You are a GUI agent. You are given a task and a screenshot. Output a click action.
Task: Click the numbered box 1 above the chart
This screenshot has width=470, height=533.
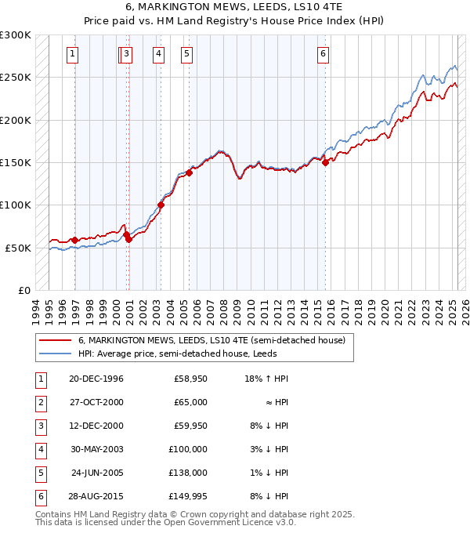[x=72, y=54]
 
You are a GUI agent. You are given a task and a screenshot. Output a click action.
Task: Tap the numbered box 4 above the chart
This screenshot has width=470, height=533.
[x=158, y=54]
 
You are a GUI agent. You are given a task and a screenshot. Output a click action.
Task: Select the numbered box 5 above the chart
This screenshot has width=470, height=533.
[x=186, y=54]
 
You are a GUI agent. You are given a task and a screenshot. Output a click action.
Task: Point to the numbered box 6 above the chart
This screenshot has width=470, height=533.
[x=323, y=54]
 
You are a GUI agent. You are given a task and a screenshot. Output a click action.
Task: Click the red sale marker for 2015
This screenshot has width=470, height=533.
[x=325, y=163]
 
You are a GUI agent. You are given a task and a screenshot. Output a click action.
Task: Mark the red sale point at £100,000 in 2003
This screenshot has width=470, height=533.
[x=161, y=205]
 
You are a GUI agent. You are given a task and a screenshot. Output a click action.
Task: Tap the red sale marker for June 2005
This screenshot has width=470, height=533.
[x=189, y=173]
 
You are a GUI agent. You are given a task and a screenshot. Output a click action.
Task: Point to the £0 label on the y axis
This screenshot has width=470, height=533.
[x=23, y=290]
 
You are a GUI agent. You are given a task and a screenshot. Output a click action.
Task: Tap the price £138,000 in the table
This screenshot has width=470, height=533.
[x=190, y=473]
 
